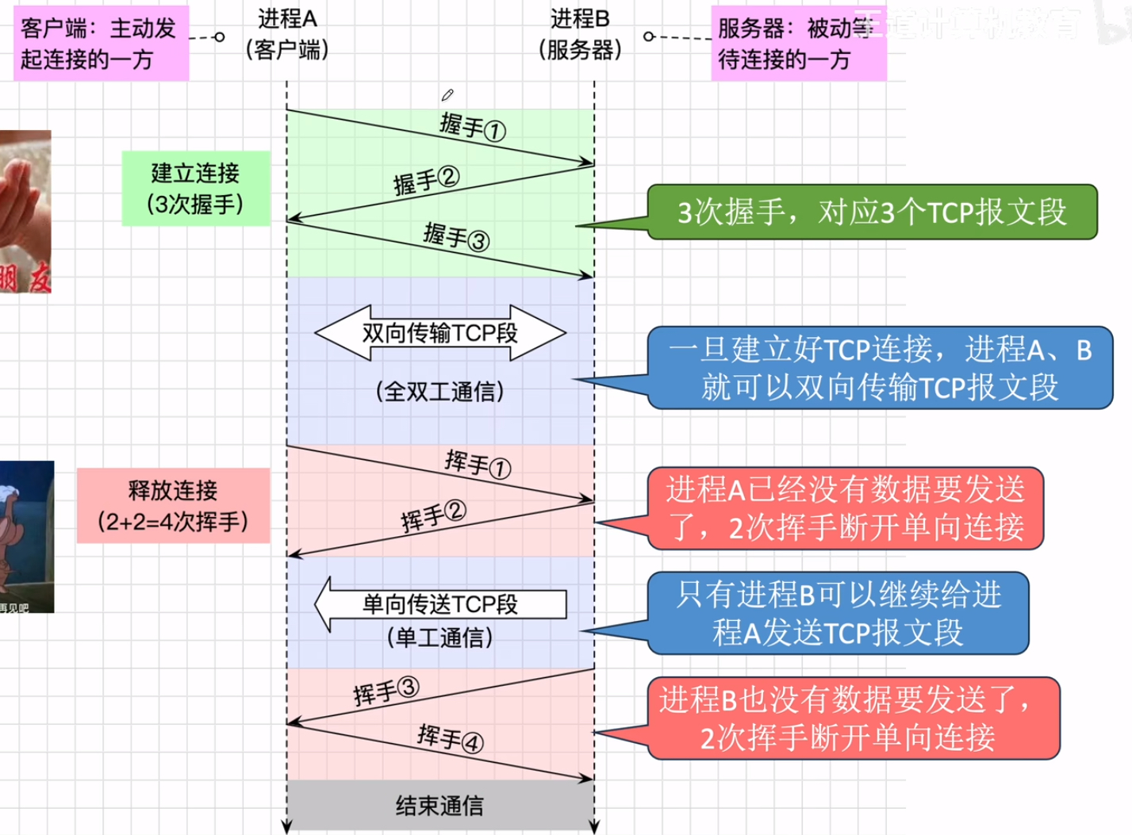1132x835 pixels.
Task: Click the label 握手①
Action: (473, 127)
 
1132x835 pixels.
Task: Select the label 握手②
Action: (426, 181)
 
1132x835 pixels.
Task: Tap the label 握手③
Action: (456, 236)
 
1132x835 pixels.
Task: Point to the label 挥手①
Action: (478, 464)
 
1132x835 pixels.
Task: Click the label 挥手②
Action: (433, 516)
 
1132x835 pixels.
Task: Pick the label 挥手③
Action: (386, 691)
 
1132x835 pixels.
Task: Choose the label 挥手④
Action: (450, 738)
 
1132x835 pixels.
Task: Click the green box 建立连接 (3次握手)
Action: (195, 189)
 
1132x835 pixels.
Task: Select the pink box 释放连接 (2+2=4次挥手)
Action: (173, 506)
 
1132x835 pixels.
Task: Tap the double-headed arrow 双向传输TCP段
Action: (440, 333)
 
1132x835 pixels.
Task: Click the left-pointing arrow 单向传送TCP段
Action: (440, 604)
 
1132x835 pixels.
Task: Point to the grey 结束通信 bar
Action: (440, 806)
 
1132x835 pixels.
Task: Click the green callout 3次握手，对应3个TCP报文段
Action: (872, 213)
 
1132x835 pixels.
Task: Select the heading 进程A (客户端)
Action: (287, 34)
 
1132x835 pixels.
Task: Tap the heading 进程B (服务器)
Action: (580, 34)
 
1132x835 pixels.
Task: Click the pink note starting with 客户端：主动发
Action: (101, 44)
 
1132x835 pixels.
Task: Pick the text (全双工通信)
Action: (440, 391)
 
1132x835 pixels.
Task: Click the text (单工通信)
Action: (440, 638)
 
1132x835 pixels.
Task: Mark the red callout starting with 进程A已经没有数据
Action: (845, 508)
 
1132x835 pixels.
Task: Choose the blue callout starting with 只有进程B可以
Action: (838, 613)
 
